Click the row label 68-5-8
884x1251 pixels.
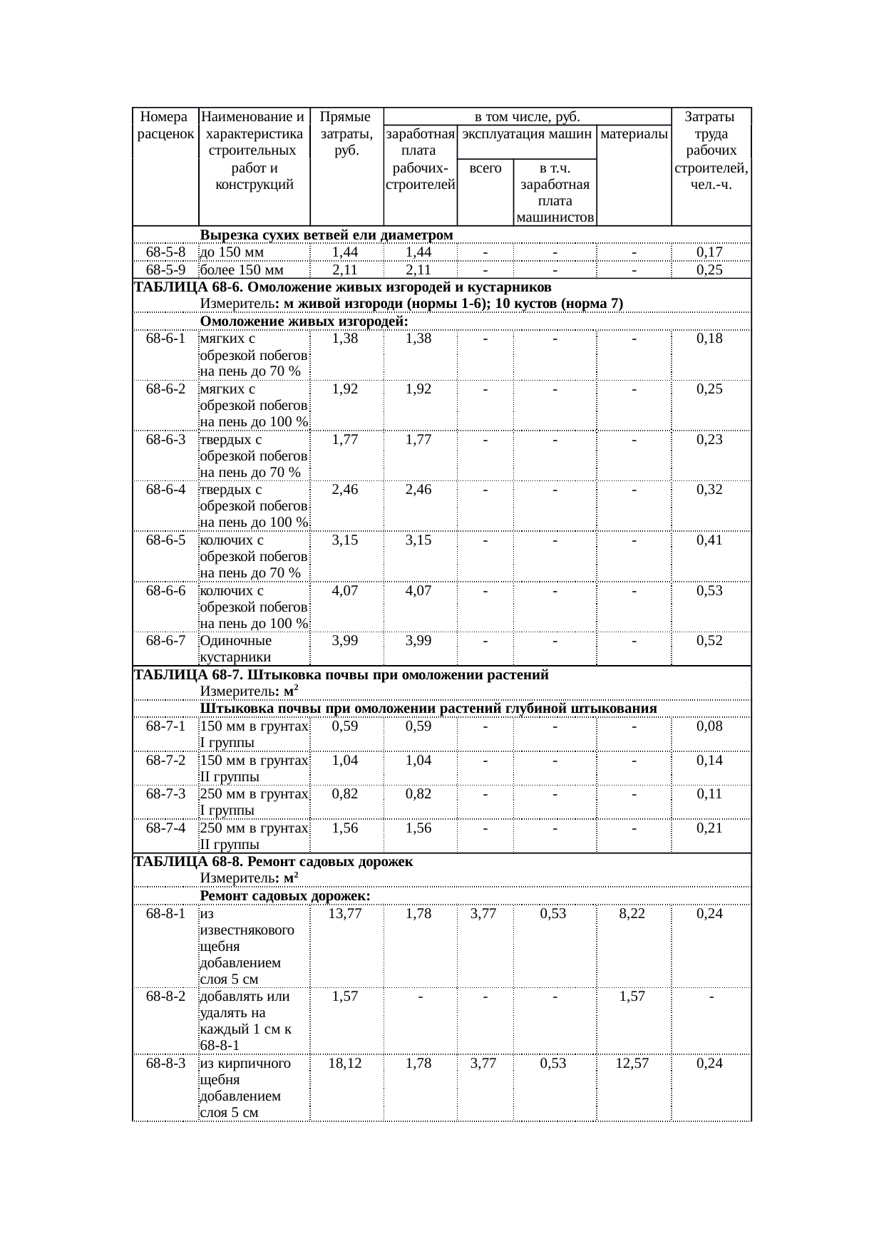pyautogui.click(x=165, y=252)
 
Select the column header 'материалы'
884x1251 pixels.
pyautogui.click(x=634, y=133)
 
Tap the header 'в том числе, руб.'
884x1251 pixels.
pyautogui.click(x=527, y=116)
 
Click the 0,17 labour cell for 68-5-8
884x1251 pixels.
pyautogui.click(x=709, y=252)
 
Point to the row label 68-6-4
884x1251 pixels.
pyautogui.click(x=165, y=490)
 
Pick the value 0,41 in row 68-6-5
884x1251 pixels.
pyautogui.click(x=709, y=540)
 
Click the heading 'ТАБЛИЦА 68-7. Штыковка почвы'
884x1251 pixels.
pyautogui.click(x=341, y=675)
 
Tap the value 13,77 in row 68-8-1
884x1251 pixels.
pyautogui.click(x=345, y=914)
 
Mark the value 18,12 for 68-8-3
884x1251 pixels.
pyautogui.click(x=345, y=1064)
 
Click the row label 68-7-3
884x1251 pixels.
pyautogui.click(x=165, y=794)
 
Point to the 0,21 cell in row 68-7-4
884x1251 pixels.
pyautogui.click(x=709, y=828)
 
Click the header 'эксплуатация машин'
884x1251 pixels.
pyautogui.click(x=526, y=133)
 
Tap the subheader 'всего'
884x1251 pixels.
pyautogui.click(x=485, y=168)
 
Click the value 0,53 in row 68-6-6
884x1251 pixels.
pyautogui.click(x=709, y=591)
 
